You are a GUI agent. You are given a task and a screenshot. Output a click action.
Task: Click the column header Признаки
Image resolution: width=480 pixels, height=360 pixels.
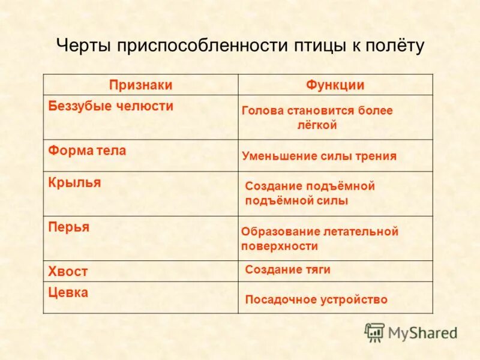141,85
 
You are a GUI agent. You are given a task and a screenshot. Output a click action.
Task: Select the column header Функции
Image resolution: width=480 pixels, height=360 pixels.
335,85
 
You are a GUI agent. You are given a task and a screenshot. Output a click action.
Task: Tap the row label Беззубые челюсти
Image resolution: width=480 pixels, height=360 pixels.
111,106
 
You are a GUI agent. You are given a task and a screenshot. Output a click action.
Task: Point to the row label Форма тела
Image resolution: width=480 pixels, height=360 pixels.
87,151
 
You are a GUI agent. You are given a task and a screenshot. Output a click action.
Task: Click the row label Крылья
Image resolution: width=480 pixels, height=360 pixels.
74,182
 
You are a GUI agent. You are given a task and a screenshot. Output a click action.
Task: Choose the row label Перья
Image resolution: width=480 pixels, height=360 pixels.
69,227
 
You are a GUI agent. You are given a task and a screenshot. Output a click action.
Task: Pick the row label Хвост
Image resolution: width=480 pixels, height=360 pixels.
68,271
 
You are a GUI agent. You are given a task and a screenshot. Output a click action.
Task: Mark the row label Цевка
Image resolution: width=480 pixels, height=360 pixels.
68,293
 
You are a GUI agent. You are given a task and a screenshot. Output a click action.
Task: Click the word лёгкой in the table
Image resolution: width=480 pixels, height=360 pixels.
317,125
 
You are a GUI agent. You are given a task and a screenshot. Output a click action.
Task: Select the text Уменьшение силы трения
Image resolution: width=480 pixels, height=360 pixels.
319,156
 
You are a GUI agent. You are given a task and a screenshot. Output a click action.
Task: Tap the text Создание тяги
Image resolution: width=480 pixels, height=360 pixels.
288,270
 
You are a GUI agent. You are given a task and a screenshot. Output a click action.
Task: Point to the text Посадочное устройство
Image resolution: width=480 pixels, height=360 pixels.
316,299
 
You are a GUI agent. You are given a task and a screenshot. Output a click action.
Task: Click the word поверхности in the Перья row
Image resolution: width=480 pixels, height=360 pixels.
280,246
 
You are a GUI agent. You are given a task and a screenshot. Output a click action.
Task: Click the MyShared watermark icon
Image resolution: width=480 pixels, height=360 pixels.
375,332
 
